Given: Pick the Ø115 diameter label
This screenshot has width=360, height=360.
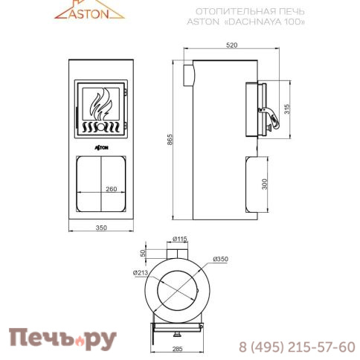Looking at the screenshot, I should pos(179,238).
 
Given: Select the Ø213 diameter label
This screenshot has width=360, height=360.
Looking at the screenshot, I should pos(141,273).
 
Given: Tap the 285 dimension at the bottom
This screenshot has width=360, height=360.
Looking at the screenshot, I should pos(176,347).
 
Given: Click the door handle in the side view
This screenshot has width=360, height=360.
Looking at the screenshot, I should pos(276,115).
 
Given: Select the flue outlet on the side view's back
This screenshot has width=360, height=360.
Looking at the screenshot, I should pos(188,72).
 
